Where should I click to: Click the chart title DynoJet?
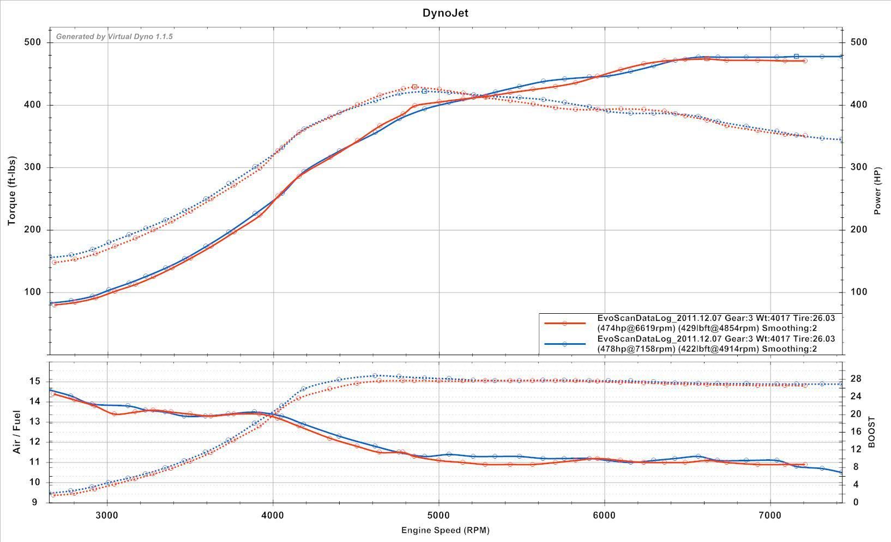[445, 13]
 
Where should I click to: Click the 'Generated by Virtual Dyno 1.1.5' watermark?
[115, 36]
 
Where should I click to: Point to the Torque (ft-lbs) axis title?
[11, 191]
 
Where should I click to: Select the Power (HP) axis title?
[877, 191]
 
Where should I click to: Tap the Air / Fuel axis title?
[16, 432]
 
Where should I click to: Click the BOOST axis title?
[871, 432]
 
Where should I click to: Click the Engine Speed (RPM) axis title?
[445, 530]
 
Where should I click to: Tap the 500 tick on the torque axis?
[33, 42]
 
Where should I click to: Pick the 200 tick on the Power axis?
[859, 230]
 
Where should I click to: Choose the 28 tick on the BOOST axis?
[856, 379]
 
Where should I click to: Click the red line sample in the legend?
[564, 323]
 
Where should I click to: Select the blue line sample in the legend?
[564, 344]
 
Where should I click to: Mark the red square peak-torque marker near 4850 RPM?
[414, 87]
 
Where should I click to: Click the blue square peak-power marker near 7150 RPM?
[796, 57]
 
